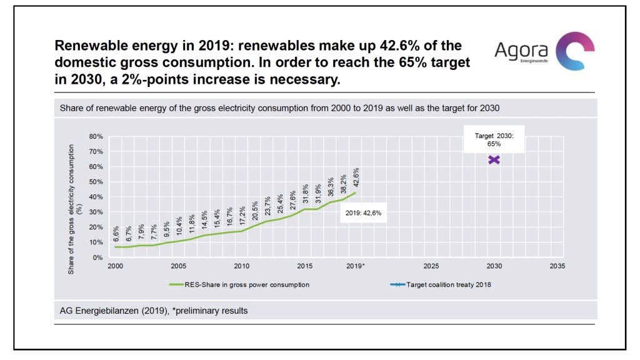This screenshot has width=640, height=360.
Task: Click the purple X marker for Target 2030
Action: pos(494,160)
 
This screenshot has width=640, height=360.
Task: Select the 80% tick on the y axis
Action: pos(94,136)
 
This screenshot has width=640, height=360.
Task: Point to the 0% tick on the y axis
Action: pos(97,257)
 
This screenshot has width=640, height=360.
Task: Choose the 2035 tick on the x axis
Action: pos(557,266)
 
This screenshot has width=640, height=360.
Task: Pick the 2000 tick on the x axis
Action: pos(115,266)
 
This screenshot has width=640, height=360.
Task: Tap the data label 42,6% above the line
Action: pos(356,177)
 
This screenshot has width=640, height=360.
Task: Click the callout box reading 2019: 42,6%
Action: pos(363,212)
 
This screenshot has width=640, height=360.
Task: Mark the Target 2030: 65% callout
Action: pos(494,139)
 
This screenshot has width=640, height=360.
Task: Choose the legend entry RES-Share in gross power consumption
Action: pos(240,284)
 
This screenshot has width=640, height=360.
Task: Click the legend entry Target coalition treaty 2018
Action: pos(441,284)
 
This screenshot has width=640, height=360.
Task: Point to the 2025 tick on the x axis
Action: pos(431,266)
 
